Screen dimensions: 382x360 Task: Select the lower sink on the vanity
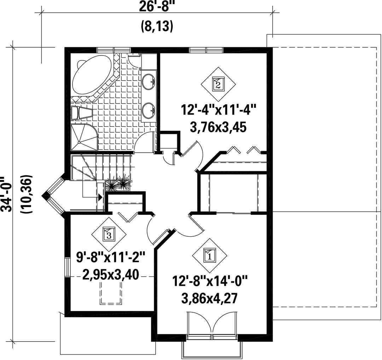coord(149,110)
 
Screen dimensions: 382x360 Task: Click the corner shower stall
coord(84,137)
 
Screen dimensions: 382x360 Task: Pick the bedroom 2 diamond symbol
coord(218,84)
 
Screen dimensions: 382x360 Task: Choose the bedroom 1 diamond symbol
coord(209,255)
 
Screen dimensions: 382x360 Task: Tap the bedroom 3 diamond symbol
coord(109,234)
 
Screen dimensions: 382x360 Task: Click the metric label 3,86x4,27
coord(209,298)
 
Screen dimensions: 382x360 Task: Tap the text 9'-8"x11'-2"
coord(111,257)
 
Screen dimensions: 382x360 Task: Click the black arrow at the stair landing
coord(100,197)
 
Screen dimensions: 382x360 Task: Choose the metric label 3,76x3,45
coord(218,127)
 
